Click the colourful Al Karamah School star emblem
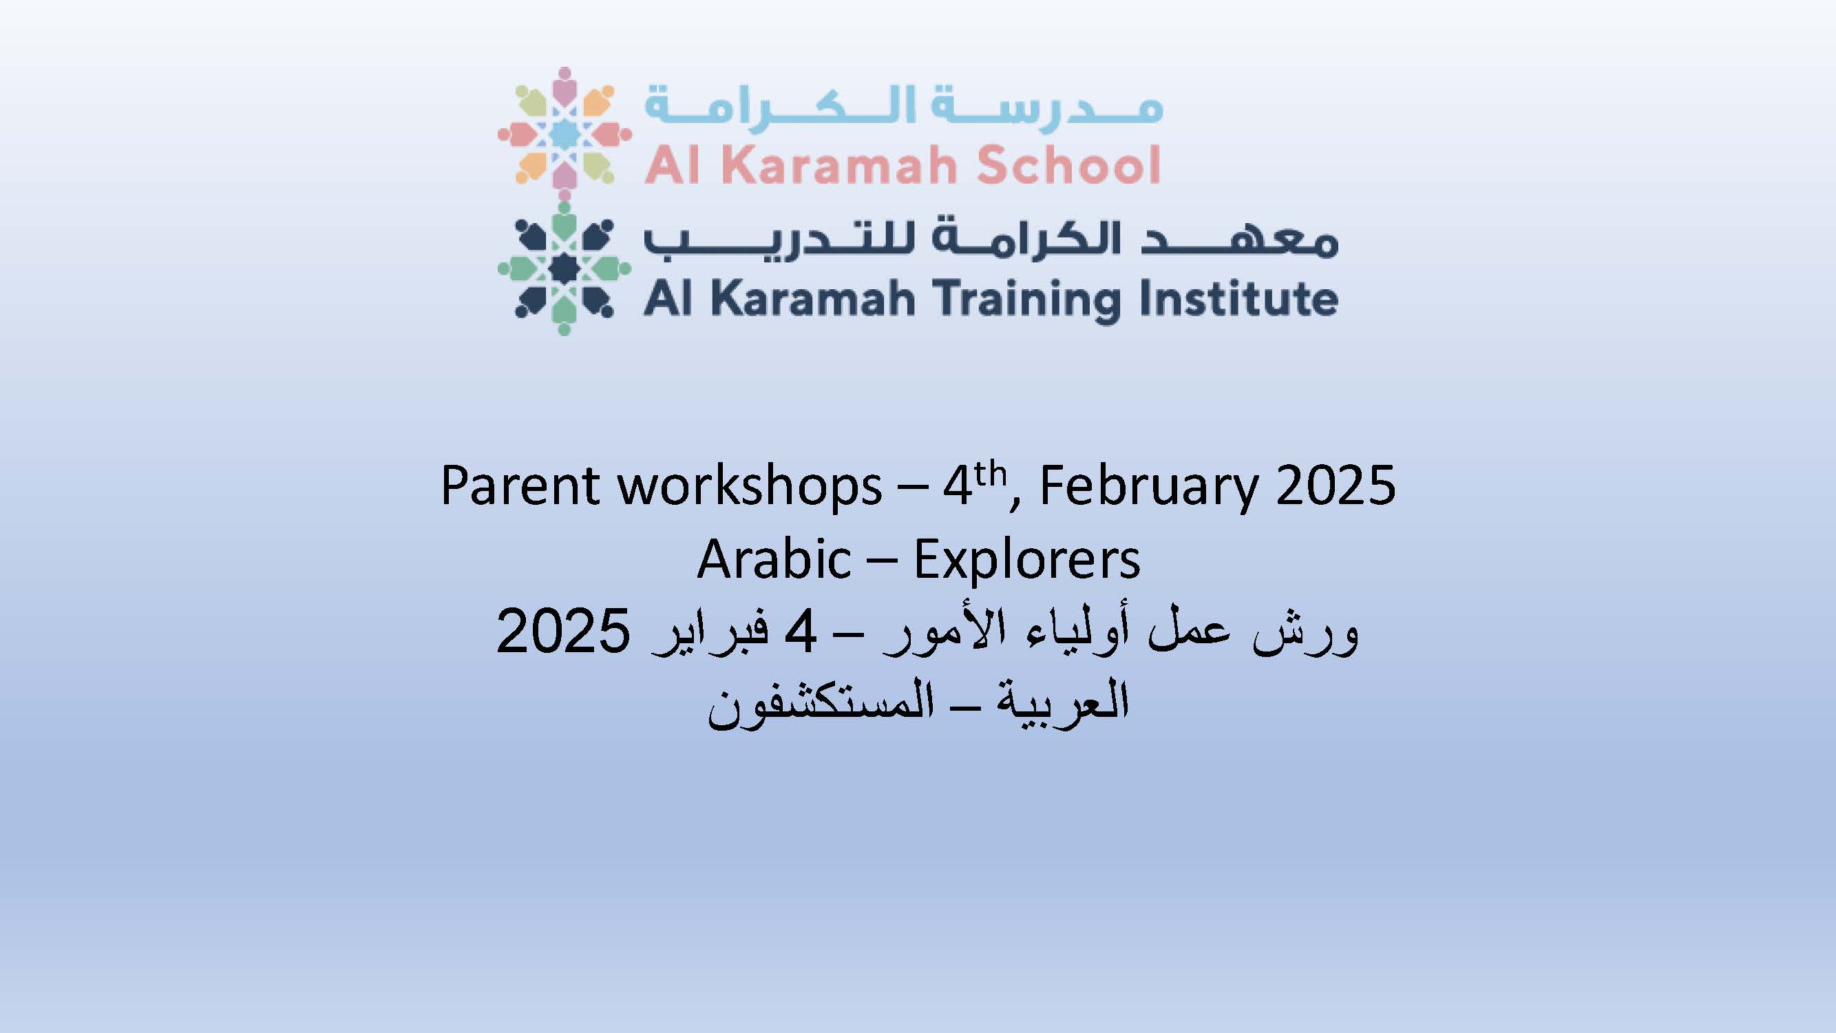coord(564,133)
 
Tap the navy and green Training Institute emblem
coord(564,269)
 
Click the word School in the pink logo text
coord(1069,165)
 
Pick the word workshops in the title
coord(750,488)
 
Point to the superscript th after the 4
coord(991,474)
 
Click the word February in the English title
coord(1149,488)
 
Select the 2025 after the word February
coord(1336,486)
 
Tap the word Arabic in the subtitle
coord(774,560)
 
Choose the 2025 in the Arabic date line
coord(564,632)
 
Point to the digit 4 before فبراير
coord(800,632)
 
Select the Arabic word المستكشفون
coord(821,706)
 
